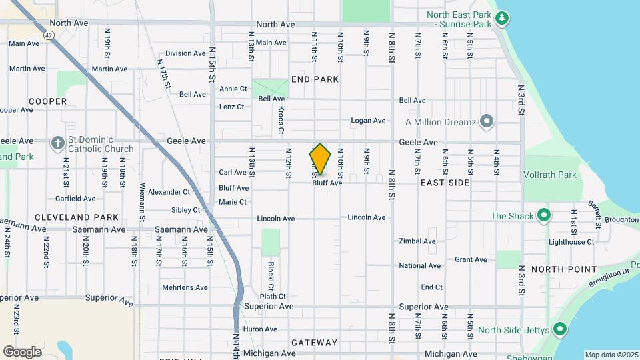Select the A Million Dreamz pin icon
pos(487,121)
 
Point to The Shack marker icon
pos(544,216)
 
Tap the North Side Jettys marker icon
pos(560,329)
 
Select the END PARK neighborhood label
pos(315,79)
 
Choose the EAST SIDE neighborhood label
pos(445,182)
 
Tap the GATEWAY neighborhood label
pos(315,343)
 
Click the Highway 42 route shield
pos(48,34)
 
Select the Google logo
pos(22,352)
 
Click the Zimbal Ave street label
pos(417,241)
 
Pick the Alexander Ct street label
pos(169,192)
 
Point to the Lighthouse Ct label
pos(571,243)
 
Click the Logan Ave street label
pos(369,121)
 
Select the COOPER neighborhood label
pos(48,101)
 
